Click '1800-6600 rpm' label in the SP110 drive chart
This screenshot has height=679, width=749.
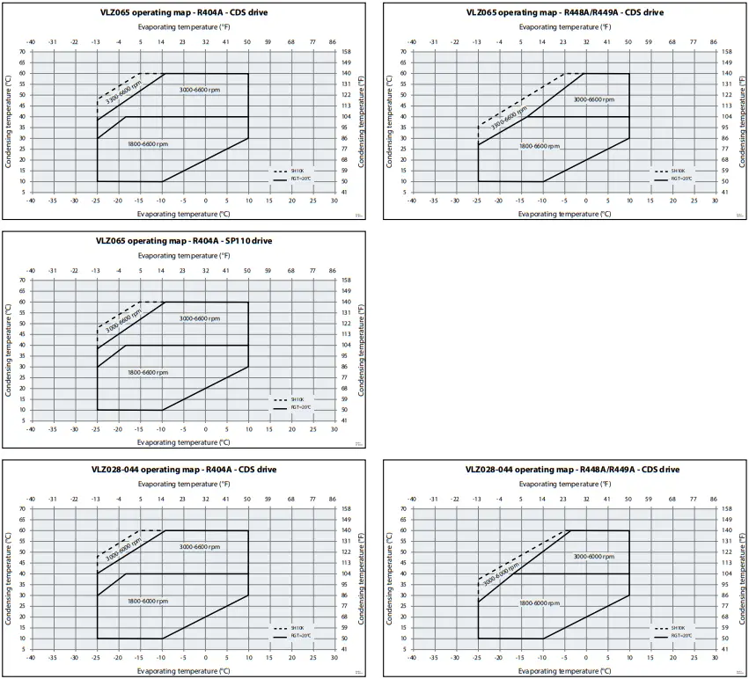coord(148,372)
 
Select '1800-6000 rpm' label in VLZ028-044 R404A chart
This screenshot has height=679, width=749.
coord(148,601)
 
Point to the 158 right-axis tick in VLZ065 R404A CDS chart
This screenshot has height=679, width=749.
coord(346,51)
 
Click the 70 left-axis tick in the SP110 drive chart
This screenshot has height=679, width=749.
coord(22,281)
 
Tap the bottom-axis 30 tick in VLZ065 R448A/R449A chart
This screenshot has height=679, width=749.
coord(716,201)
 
